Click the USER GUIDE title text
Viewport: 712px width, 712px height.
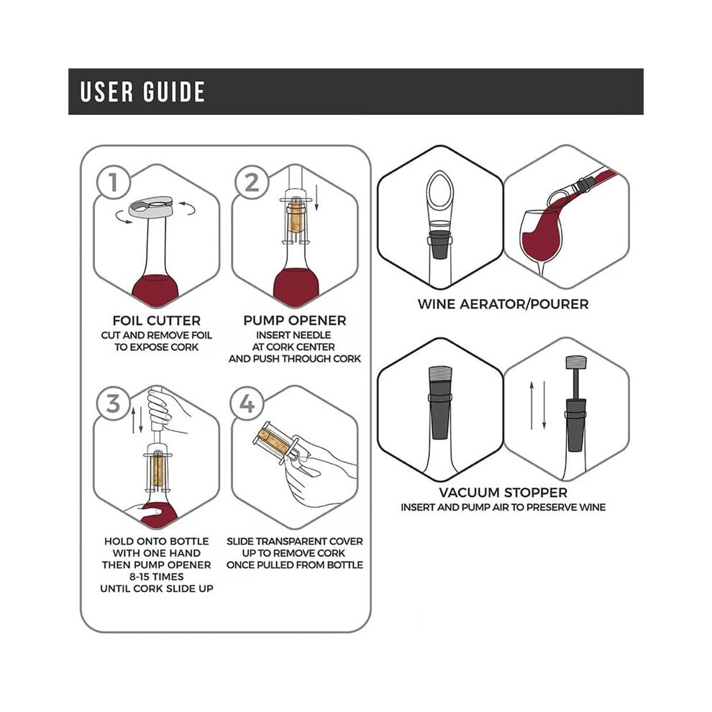(x=142, y=91)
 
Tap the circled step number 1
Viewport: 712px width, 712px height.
(x=114, y=182)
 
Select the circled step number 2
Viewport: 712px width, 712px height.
(x=252, y=182)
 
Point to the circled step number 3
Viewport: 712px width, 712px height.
(x=114, y=403)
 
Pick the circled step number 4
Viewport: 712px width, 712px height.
(x=247, y=403)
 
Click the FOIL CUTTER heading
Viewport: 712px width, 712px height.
(x=157, y=321)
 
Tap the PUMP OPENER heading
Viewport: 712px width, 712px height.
(x=295, y=321)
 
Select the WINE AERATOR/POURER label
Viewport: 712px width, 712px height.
(x=503, y=303)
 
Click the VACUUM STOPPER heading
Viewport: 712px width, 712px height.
(x=503, y=493)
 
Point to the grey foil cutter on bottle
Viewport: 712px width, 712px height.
(x=151, y=206)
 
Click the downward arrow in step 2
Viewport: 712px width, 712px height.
(x=316, y=198)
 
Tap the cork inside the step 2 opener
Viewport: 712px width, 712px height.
(x=296, y=217)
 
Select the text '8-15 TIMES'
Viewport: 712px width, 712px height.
(x=157, y=577)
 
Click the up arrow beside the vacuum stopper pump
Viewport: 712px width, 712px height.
(x=531, y=406)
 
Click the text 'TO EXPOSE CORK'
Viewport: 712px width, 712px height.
(x=157, y=347)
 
